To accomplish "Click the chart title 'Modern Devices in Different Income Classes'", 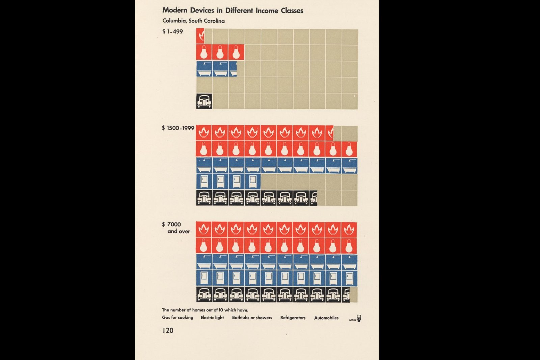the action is (233, 10).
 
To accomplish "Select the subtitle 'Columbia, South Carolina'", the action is (194, 21).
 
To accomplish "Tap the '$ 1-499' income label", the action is (172, 32).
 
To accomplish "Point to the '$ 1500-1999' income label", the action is (178, 128).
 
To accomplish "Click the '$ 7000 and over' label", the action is (176, 228).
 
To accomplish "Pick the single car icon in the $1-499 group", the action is (204, 101).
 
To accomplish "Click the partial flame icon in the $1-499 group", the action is (200, 36).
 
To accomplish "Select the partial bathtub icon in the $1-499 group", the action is (233, 69).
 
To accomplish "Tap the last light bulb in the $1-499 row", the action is (236, 52).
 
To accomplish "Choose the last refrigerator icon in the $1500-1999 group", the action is (253, 182).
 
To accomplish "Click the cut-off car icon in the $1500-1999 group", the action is (313, 198).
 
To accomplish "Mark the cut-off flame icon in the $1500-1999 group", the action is (329, 133).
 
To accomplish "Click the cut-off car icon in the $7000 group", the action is (346, 295).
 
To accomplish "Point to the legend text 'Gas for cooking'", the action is (178, 317).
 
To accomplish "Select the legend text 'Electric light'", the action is (212, 317).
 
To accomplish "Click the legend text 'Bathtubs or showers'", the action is (252, 317).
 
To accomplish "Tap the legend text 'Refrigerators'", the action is (293, 318).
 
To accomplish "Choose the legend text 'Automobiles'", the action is (326, 318).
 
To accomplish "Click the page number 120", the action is (168, 330).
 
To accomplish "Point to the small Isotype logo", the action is (355, 319).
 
